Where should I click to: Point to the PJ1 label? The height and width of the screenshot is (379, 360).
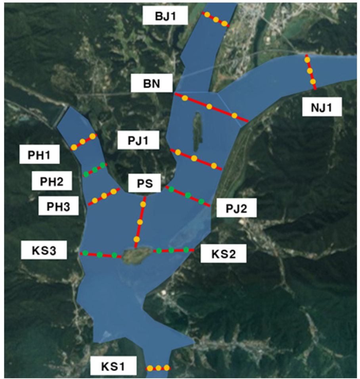(x=138, y=141)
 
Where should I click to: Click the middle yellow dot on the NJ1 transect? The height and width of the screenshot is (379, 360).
(x=310, y=71)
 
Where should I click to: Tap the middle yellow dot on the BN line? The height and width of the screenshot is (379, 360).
(x=209, y=106)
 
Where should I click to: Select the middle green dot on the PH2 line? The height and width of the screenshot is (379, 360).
(x=95, y=170)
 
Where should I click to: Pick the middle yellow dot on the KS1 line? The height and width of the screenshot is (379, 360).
(x=158, y=368)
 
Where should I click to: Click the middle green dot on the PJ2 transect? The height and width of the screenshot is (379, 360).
(x=188, y=195)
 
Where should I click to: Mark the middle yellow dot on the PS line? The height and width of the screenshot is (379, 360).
(x=140, y=221)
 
